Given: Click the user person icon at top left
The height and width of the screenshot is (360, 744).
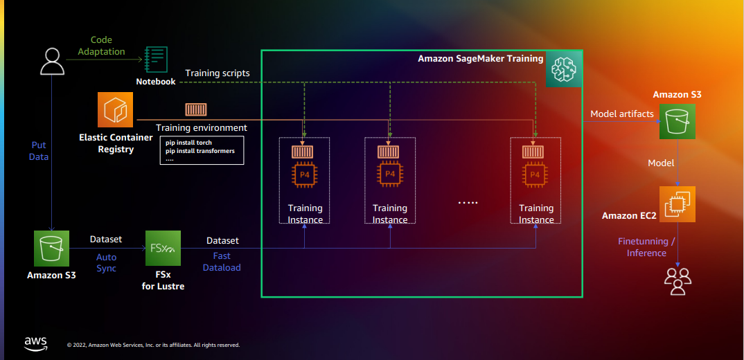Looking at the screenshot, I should [52, 60].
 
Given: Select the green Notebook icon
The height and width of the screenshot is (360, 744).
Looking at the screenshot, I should [156, 60].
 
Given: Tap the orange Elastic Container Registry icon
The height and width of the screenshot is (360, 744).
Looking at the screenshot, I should [115, 109].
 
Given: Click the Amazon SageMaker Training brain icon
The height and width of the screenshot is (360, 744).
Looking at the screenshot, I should [563, 69].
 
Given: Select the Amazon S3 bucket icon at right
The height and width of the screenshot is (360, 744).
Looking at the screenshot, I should [677, 121].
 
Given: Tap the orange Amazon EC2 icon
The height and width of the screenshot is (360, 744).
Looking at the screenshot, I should [677, 204].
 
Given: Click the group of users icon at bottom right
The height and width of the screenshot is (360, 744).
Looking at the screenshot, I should [677, 282].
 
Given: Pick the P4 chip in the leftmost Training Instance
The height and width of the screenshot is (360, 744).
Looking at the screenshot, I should [305, 174].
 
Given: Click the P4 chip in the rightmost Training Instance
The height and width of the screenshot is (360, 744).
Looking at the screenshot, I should [535, 174].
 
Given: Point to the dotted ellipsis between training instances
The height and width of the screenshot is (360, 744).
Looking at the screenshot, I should [468, 202].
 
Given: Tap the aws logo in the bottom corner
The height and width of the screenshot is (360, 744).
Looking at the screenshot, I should [36, 343].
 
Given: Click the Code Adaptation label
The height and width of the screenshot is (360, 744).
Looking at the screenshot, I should [101, 46].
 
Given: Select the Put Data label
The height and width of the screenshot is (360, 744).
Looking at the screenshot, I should [39, 151].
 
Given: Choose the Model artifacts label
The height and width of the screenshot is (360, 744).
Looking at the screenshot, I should [621, 114].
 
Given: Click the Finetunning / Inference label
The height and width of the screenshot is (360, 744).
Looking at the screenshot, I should [646, 247].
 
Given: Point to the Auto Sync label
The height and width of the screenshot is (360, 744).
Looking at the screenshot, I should [106, 262].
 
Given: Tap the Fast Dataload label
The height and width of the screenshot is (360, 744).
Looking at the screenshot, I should [222, 262].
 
